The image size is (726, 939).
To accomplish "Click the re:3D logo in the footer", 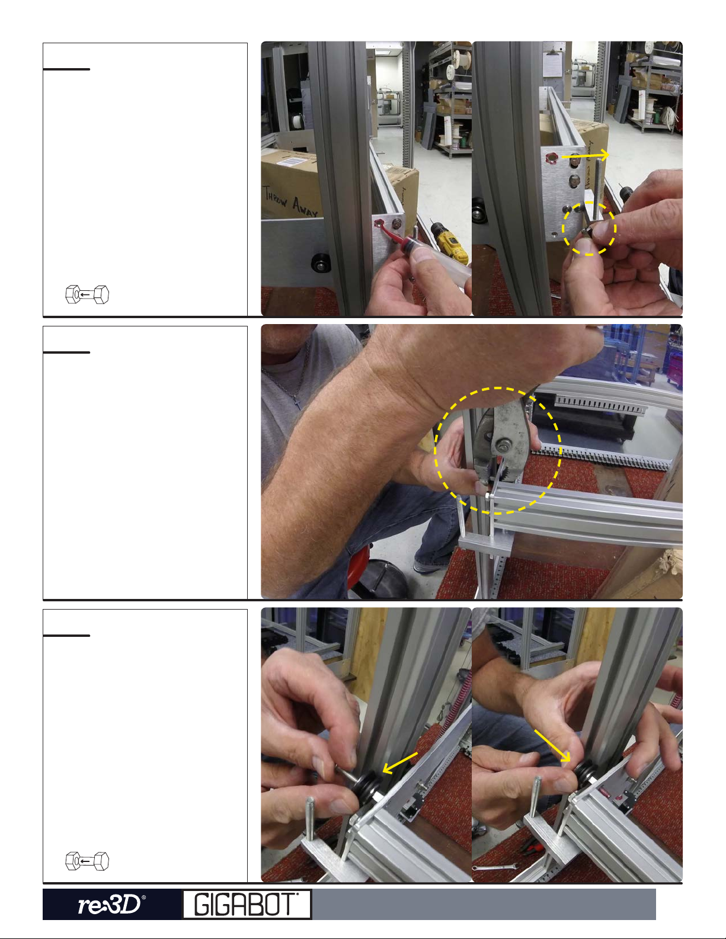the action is [111, 904].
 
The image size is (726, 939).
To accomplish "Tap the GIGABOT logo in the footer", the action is [247, 904].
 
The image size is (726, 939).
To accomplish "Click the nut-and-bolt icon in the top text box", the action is [87, 294].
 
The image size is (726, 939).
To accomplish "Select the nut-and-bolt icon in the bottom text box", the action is [87, 861].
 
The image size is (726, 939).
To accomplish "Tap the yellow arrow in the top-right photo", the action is [585, 156].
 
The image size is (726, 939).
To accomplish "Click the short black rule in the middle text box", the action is [66, 352].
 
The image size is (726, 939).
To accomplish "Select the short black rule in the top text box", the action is [66, 69].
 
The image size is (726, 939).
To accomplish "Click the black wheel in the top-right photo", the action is [479, 211].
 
